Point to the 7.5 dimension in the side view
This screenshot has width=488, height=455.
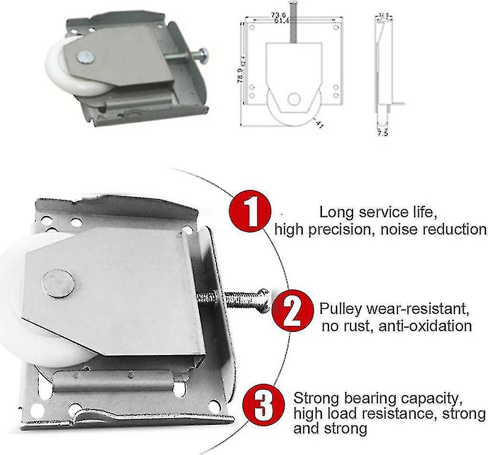coord(382,133)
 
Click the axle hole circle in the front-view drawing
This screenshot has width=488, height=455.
coord(294,99)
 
